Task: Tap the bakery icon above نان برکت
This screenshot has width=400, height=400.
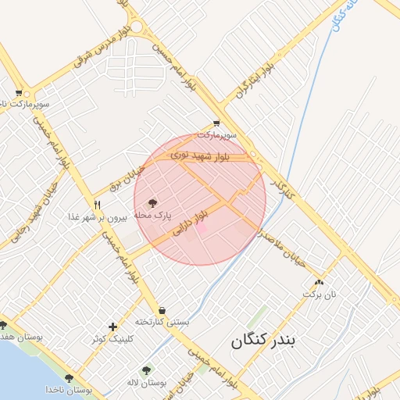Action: click(318, 282)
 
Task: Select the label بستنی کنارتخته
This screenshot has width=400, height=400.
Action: click(162, 322)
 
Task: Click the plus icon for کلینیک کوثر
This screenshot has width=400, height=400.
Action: click(113, 327)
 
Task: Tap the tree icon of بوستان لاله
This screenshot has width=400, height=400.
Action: click(146, 370)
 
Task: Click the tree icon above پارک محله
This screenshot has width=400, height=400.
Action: click(152, 202)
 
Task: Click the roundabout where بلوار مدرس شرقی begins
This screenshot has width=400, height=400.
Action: click(137, 27)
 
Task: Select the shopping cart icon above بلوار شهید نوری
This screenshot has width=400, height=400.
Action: click(216, 123)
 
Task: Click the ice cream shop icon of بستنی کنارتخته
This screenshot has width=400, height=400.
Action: click(162, 310)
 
